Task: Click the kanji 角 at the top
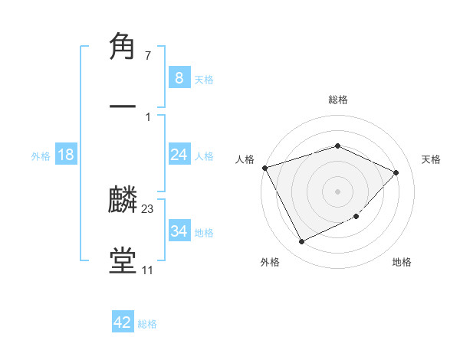point(123,47)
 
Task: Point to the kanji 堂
point(123,260)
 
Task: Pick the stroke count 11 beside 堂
point(147,270)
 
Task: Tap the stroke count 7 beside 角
point(147,56)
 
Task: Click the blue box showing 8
point(179,78)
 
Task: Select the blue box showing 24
point(179,155)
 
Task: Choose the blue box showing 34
point(179,231)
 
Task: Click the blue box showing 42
point(123,322)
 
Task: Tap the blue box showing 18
point(66,155)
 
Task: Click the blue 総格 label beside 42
point(147,324)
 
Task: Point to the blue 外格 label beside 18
point(41,155)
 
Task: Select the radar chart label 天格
point(432,159)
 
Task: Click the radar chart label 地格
point(402,262)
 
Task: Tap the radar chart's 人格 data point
point(264,168)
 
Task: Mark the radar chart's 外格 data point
point(301,242)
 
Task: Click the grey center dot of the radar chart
point(337,191)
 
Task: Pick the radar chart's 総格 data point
point(337,146)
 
